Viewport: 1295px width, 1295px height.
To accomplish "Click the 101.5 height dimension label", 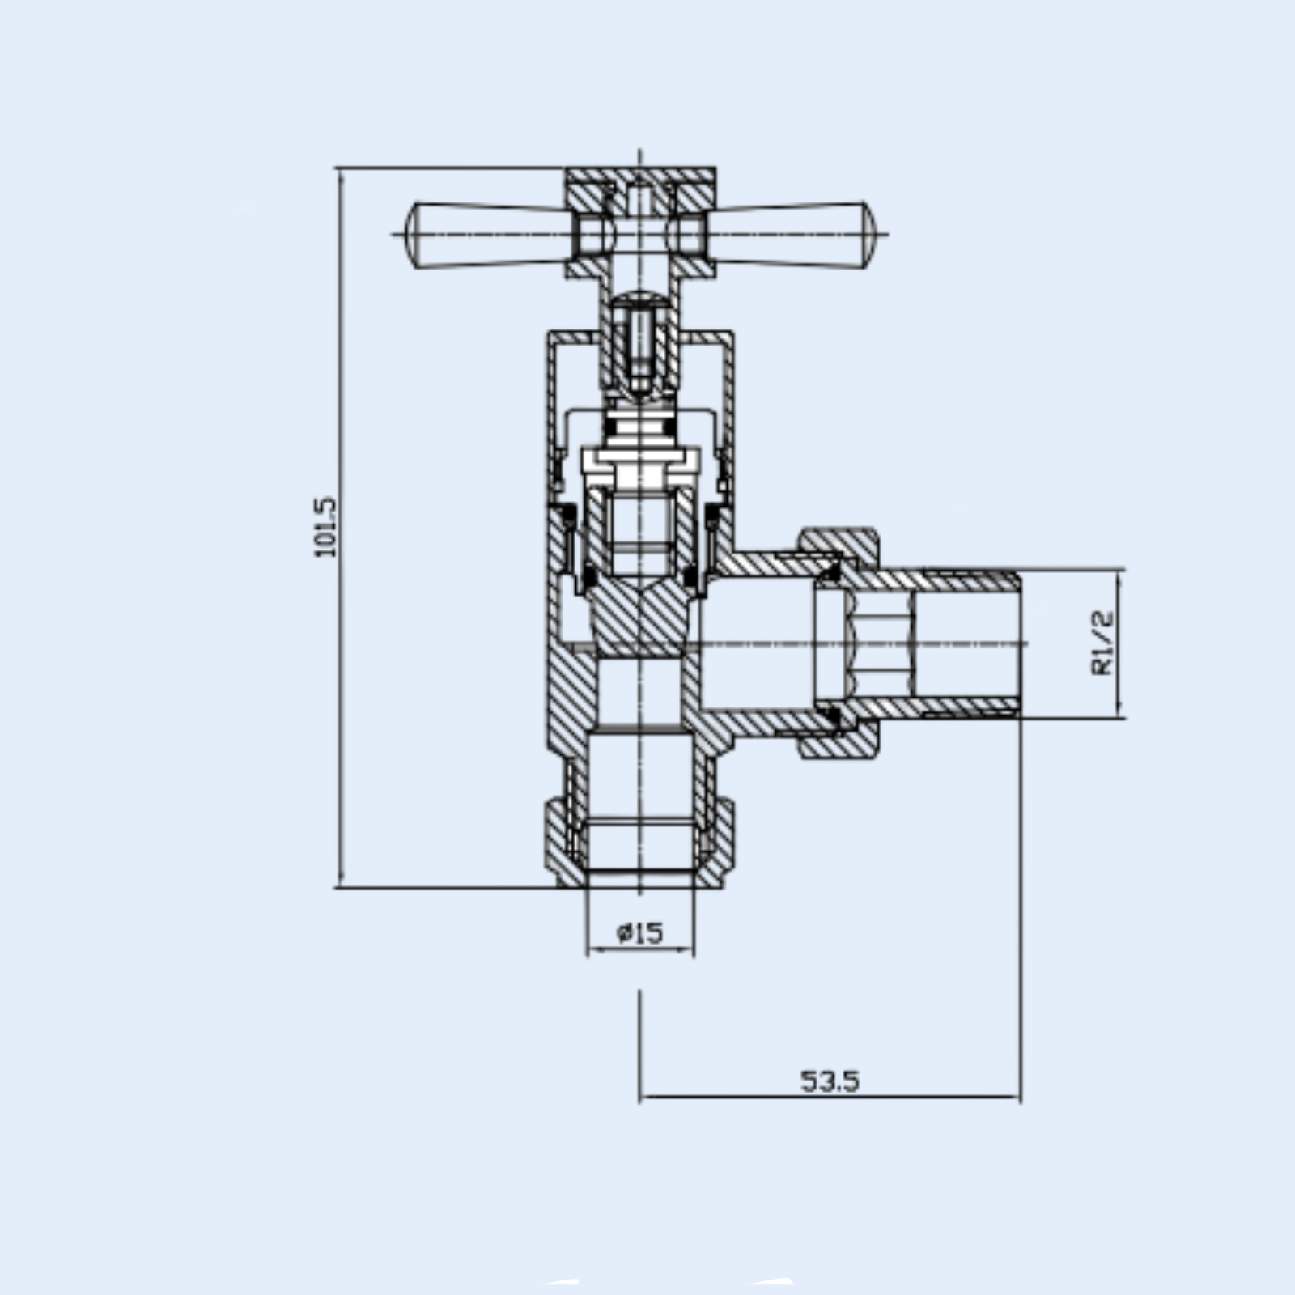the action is coord(325,527).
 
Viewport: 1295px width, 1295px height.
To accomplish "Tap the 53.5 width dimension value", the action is coord(830,1081).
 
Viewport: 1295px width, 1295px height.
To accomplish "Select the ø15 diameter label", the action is coord(639,933).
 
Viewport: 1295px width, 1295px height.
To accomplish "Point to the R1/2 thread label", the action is coord(1102,643).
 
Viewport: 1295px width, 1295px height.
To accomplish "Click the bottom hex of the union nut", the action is coord(839,745).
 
